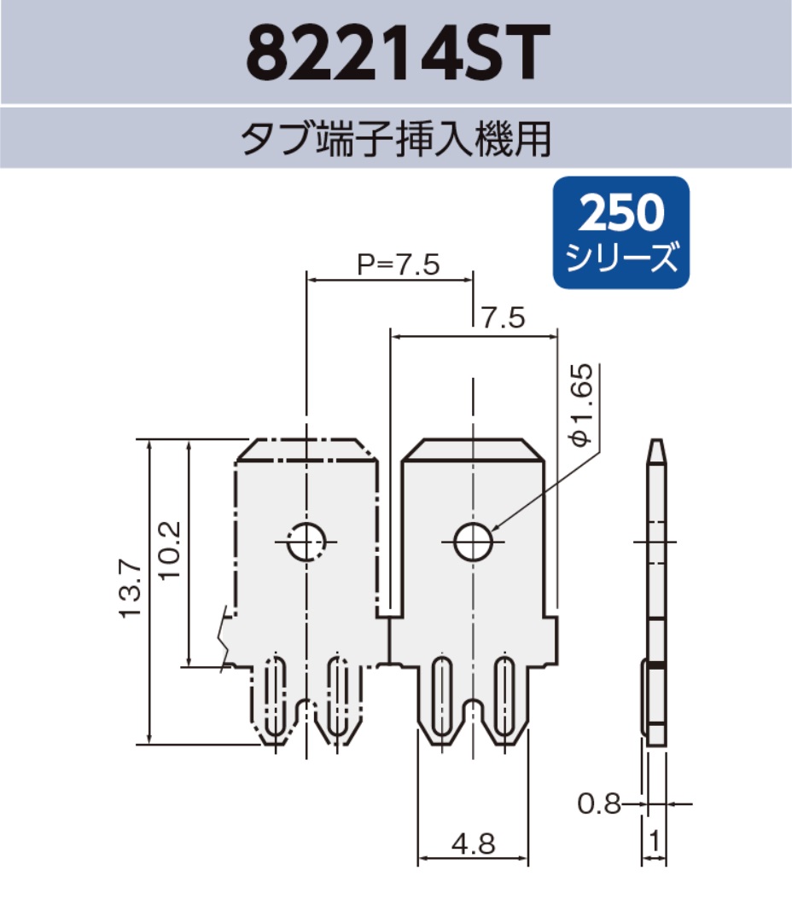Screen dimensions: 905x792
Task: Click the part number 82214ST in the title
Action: tap(394, 53)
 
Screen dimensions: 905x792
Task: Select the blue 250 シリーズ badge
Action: tap(620, 231)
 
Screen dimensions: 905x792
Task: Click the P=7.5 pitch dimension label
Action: tap(398, 265)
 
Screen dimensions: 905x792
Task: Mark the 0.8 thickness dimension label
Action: tap(598, 803)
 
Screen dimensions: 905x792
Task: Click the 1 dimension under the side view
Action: tap(655, 843)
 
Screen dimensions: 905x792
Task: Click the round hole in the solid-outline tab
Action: tap(473, 542)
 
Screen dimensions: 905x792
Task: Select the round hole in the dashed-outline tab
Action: tap(306, 542)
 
